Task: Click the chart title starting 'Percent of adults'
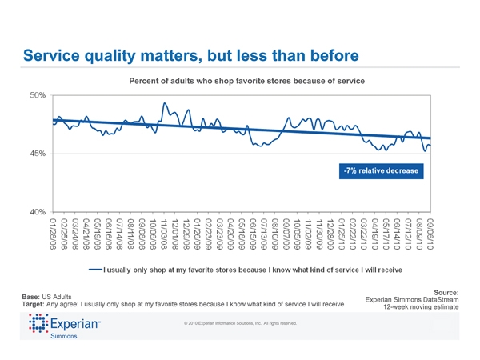coord(246,81)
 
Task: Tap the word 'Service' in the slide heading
coord(57,55)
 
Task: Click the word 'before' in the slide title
coord(328,55)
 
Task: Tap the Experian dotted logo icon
coord(38,324)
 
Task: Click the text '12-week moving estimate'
coord(420,307)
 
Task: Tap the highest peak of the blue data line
coord(164,103)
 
